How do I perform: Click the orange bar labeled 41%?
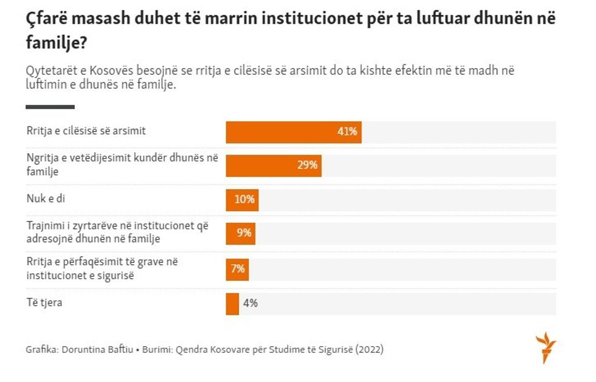coord(293,132)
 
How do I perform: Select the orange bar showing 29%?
coord(273,165)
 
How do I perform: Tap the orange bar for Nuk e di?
coord(241,200)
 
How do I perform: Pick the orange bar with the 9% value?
coord(240,234)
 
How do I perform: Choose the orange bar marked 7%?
coord(237,269)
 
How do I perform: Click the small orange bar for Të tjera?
coord(232,304)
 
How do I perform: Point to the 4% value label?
coord(250,304)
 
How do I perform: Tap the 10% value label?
coord(244,200)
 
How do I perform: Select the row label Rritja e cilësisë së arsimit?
coord(86,131)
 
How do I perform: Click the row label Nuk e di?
coord(46,198)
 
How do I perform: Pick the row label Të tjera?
coord(44,302)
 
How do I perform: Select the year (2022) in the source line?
coord(370,350)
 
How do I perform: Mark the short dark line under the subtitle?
coord(50,107)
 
